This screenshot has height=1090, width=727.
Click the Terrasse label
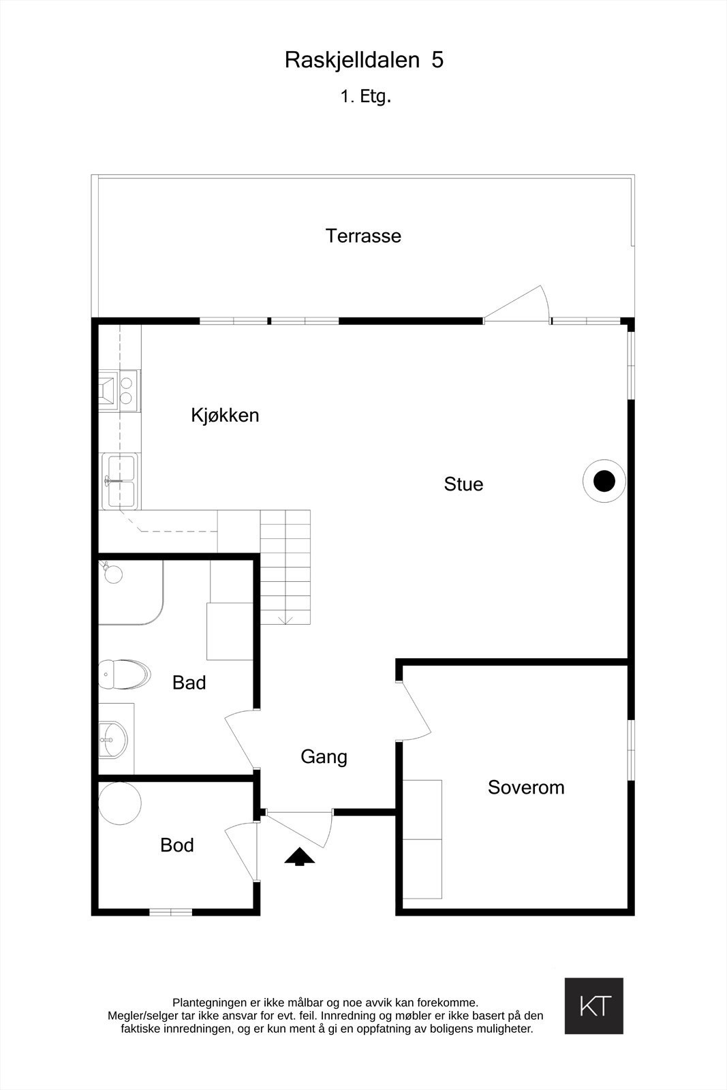(363, 236)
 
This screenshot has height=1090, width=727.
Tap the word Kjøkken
(225, 416)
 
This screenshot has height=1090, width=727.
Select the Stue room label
(463, 484)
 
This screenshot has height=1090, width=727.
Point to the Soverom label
(526, 788)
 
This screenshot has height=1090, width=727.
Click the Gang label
(324, 757)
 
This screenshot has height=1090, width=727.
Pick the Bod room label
(177, 845)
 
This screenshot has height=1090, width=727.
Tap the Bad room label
(189, 683)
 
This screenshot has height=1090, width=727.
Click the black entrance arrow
(299, 856)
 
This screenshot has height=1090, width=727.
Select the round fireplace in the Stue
(604, 482)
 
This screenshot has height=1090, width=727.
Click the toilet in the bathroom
(124, 674)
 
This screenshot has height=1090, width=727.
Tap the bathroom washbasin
(113, 740)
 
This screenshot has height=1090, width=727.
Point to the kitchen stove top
(119, 390)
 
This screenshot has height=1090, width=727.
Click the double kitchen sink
(119, 481)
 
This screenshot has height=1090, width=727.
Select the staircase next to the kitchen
(285, 567)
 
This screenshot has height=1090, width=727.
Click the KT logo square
(593, 1006)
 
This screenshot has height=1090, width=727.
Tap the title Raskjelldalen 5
(364, 61)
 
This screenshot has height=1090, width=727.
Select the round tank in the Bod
(120, 803)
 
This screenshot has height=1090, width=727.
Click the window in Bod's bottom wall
(170, 912)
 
